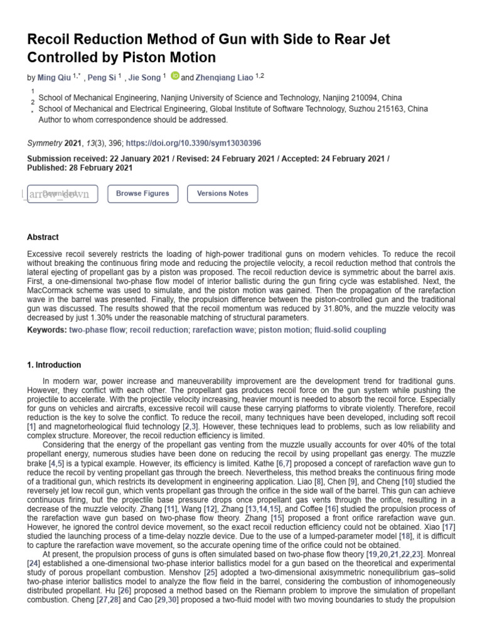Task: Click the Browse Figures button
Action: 142,194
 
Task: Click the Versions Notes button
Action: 222,194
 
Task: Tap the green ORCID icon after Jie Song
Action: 174,76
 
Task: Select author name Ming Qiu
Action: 55,77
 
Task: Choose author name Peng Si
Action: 101,77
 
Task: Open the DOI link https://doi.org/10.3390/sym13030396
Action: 193,143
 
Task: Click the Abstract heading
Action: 43,238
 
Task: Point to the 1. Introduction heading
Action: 54,365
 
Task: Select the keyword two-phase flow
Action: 98,330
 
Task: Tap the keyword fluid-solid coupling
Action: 350,330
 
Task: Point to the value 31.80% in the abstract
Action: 358,310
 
